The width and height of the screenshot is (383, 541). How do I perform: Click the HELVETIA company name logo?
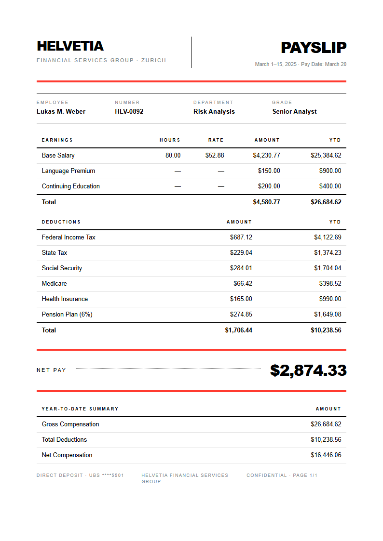70,46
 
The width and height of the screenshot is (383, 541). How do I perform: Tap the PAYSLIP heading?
314,48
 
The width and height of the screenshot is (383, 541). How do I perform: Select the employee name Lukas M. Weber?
61,111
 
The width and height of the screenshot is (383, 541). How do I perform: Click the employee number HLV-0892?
129,111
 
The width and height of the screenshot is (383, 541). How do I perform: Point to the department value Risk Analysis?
214,111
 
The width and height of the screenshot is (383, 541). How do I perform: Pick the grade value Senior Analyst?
294,111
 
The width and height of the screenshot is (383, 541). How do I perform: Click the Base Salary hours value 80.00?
173,155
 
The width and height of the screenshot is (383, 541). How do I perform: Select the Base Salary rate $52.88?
214,155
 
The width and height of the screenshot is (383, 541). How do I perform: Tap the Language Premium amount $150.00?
269,171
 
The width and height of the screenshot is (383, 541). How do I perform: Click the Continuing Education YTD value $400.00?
330,186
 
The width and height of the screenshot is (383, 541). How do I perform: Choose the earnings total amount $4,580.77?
266,202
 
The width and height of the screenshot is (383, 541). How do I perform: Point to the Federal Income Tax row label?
68,237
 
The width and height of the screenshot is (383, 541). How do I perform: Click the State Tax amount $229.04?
241,252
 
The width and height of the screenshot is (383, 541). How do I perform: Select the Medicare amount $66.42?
243,283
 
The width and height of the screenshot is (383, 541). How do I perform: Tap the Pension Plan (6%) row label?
67,314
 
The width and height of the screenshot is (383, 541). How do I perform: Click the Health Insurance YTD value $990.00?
330,299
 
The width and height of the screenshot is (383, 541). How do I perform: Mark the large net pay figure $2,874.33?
308,370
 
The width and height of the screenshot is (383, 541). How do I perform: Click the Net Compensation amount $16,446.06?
326,455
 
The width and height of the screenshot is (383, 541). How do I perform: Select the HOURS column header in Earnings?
170,140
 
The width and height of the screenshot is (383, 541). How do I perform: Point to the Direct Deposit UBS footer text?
80,475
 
